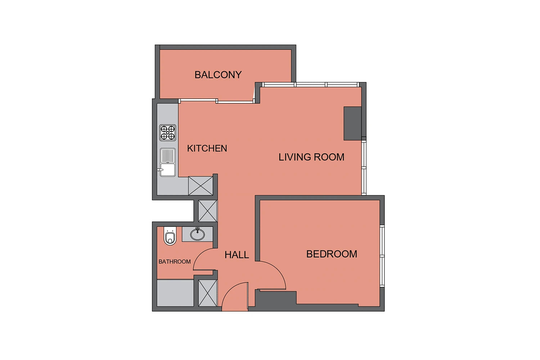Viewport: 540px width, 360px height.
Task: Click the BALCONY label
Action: (218, 75)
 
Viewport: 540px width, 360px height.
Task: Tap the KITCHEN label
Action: (207, 148)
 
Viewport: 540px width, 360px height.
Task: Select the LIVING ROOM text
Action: (311, 157)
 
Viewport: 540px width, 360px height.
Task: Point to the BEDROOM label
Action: (332, 254)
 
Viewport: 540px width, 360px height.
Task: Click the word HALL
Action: (237, 255)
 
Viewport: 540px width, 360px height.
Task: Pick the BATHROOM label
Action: (175, 262)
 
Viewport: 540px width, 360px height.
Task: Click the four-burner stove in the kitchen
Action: (167, 132)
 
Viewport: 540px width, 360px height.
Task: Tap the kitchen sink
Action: (167, 162)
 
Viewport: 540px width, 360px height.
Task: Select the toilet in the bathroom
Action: (170, 236)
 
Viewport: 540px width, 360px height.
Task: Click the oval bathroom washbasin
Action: (197, 234)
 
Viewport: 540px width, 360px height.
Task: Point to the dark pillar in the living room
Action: (352, 123)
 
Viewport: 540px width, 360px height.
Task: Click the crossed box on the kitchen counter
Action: (201, 186)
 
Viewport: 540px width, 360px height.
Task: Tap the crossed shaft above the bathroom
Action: (208, 211)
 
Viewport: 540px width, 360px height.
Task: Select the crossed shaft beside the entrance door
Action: (208, 293)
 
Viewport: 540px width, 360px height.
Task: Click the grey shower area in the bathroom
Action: (175, 293)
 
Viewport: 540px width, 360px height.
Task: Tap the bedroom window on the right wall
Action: (382, 256)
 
